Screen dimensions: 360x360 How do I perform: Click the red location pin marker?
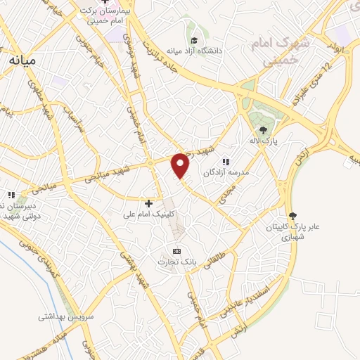point(181,165)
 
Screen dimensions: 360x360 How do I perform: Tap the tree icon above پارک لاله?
point(263,129)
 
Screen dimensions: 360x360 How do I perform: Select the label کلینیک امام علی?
point(149,214)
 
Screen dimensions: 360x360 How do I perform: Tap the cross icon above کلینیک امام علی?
point(148,202)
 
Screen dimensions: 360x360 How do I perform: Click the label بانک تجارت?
point(178,262)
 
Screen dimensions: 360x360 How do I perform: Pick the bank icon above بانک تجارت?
point(176,251)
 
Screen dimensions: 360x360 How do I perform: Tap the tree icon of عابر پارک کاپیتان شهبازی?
point(292,216)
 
